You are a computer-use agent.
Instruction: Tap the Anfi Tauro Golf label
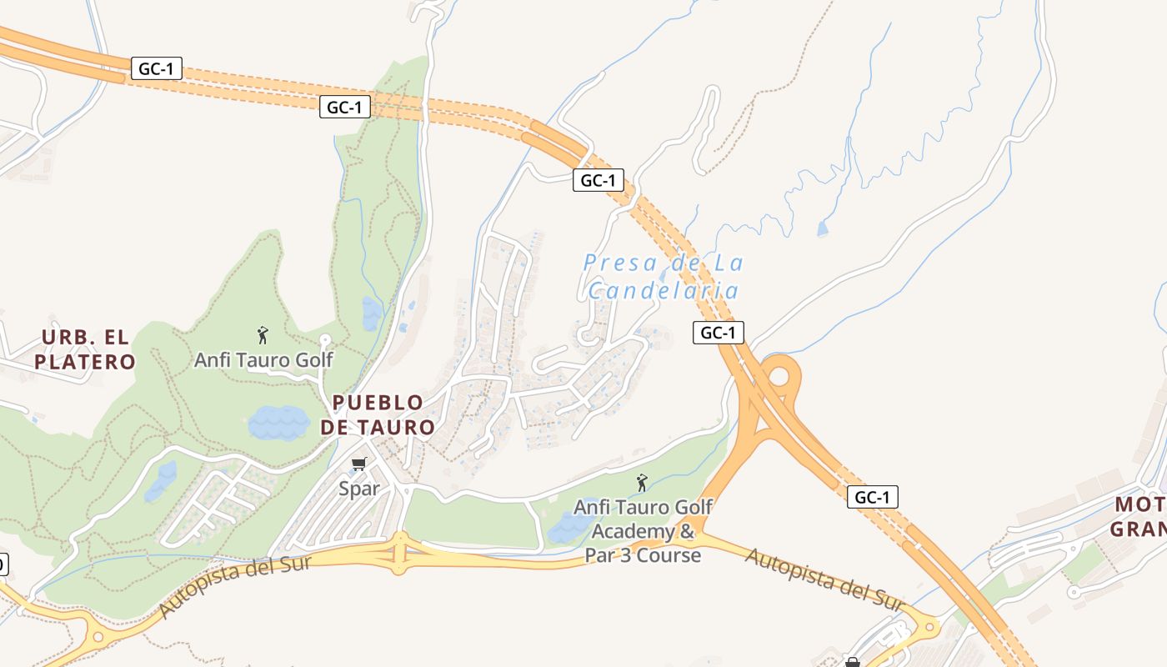263,360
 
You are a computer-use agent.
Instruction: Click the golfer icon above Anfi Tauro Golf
263,335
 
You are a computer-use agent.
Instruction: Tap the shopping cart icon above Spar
359,464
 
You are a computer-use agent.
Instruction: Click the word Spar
359,489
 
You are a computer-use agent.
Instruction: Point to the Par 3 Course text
643,555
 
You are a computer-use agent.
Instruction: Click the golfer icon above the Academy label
642,483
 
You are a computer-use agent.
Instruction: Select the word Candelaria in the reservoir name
664,291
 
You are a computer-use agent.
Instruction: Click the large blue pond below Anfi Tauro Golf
278,423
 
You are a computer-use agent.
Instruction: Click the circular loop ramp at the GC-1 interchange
779,376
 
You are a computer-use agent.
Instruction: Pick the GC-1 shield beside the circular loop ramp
718,333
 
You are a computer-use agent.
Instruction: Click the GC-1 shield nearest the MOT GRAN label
873,498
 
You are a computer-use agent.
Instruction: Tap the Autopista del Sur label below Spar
235,585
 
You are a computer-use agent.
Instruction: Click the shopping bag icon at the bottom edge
852,662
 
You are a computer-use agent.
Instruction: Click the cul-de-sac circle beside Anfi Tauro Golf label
326,339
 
